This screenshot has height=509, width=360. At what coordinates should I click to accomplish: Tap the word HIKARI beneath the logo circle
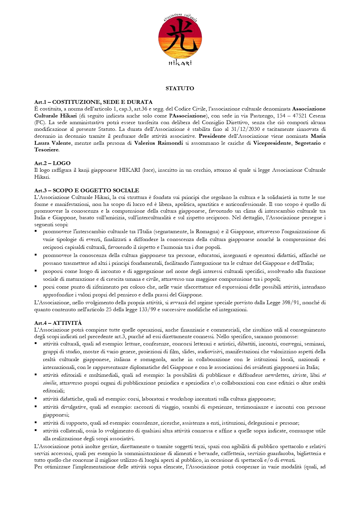click(180, 63)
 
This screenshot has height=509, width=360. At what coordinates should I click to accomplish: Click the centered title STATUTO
click(180, 88)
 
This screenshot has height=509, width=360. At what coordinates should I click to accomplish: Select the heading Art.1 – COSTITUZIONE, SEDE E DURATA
click(93, 102)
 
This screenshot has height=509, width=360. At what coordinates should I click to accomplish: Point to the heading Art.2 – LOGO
click(52, 163)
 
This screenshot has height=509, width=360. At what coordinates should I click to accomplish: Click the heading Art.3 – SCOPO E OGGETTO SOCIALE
click(86, 191)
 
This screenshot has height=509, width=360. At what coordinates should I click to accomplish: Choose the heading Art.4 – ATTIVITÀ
click(58, 323)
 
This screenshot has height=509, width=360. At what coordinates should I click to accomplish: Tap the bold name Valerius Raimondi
click(158, 143)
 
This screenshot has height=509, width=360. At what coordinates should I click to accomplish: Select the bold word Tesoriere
click(46, 150)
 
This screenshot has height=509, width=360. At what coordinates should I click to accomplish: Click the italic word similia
click(50, 383)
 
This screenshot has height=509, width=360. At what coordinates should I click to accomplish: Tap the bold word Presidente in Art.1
click(212, 136)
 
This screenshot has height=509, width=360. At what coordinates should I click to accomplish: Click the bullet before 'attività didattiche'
click(36, 398)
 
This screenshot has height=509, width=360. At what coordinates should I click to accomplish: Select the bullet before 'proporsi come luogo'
click(36, 271)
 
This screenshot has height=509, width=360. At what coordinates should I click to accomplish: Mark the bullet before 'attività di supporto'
click(36, 423)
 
